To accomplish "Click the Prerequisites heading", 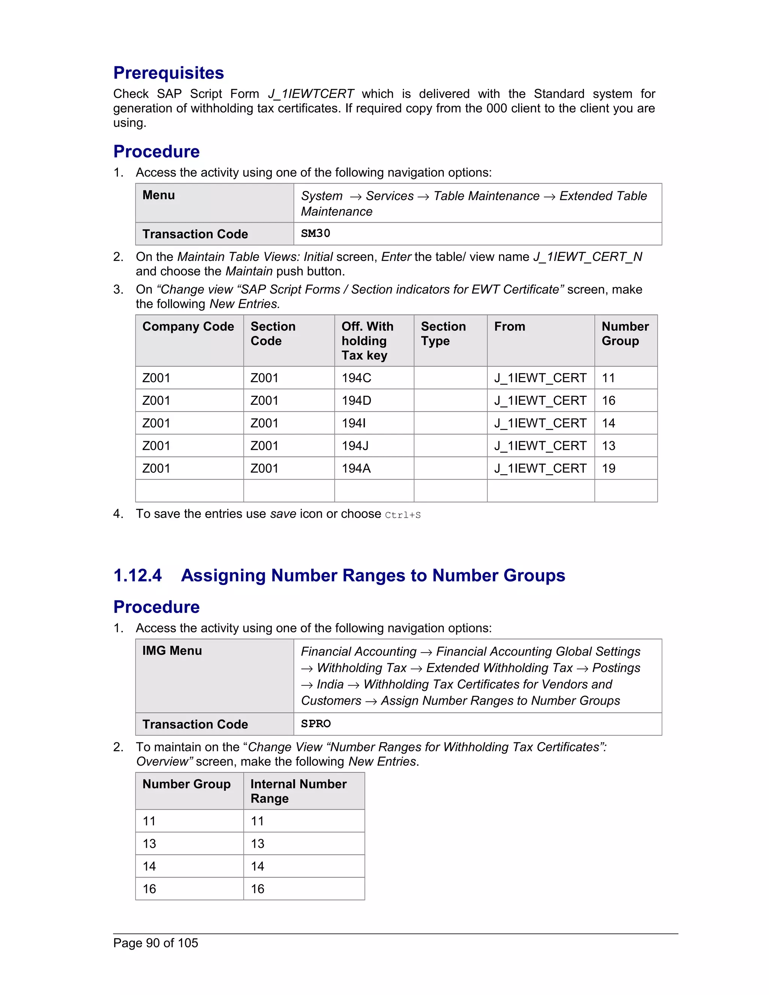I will (x=169, y=73).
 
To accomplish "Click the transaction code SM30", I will (x=315, y=233).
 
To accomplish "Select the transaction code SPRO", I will (x=315, y=724).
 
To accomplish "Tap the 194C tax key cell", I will (x=356, y=378).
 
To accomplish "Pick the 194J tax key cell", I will (x=355, y=446).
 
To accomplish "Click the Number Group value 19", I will (x=608, y=468).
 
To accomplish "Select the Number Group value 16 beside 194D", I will (x=608, y=401).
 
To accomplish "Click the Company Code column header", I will (x=188, y=327).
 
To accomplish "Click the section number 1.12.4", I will (x=137, y=575).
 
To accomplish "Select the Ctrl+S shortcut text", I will (x=403, y=515).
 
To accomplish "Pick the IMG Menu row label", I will (x=172, y=651).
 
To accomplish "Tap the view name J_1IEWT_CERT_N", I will (x=587, y=257).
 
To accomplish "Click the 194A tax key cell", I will (x=356, y=468).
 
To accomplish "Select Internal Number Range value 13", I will (x=257, y=844).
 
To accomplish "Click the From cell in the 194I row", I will (x=540, y=423).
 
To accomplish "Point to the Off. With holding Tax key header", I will (x=367, y=341).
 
